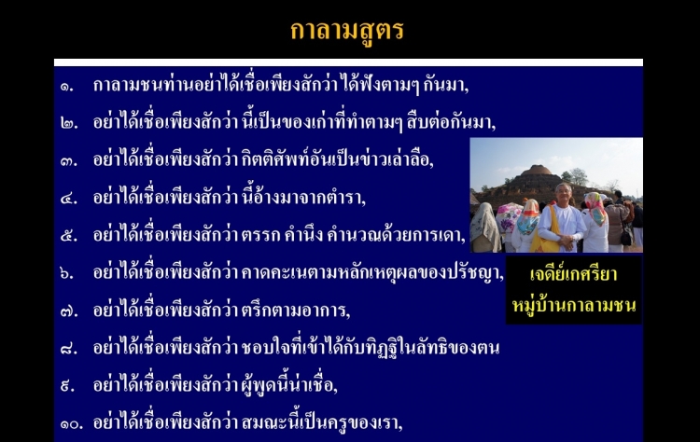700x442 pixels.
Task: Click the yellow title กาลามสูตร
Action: pyautogui.click(x=347, y=31)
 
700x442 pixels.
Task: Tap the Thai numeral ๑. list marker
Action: pyautogui.click(x=67, y=86)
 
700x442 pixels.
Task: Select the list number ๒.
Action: pyautogui.click(x=69, y=123)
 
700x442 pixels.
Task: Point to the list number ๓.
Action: pyautogui.click(x=69, y=161)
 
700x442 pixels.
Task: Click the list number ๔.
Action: pyautogui.click(x=69, y=199)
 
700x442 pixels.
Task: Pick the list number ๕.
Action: pyautogui.click(x=69, y=236)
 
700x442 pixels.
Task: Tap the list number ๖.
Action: pyautogui.click(x=67, y=273)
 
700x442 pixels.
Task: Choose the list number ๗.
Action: pyautogui.click(x=69, y=311)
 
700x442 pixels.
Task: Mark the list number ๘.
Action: pyautogui.click(x=69, y=349)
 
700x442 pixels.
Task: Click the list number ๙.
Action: pyautogui.click(x=67, y=386)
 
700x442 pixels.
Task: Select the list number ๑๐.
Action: pyautogui.click(x=72, y=423)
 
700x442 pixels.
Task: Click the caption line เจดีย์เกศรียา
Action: pyautogui.click(x=574, y=273)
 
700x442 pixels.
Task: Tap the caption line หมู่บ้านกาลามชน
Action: pyautogui.click(x=574, y=305)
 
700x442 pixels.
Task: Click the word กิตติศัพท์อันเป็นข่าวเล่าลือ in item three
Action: pyautogui.click(x=338, y=159)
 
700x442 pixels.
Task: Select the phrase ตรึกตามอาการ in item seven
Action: pyautogui.click(x=296, y=310)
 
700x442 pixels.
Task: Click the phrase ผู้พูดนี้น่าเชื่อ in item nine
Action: pyautogui.click(x=289, y=384)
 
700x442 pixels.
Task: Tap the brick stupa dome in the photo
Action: pyautogui.click(x=536, y=171)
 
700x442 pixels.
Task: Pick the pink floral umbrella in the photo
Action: pyautogui.click(x=509, y=217)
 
